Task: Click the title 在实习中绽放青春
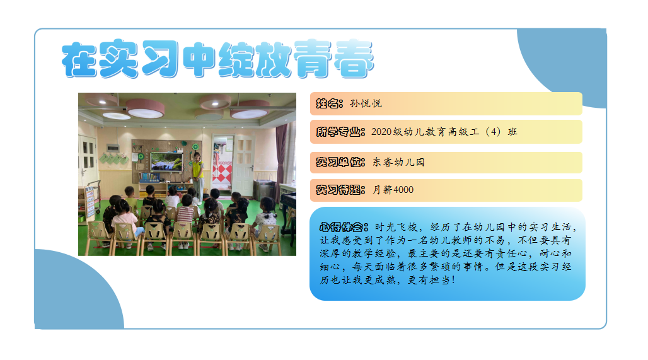pyautogui.click(x=218, y=59)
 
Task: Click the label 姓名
pyautogui.click(x=330, y=103)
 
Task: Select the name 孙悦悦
pyautogui.click(x=366, y=103)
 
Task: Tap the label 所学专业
pyautogui.click(x=340, y=132)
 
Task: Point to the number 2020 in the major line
pyautogui.click(x=381, y=132)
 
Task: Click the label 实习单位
pyautogui.click(x=340, y=162)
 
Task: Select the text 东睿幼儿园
pyautogui.click(x=398, y=162)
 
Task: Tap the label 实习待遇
pyautogui.click(x=340, y=190)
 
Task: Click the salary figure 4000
pyautogui.click(x=403, y=190)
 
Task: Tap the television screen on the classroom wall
pyautogui.click(x=166, y=161)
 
